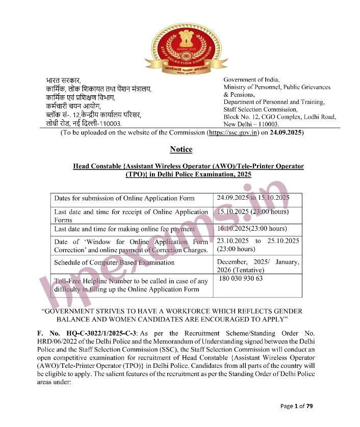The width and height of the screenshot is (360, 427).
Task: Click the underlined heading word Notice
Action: pos(181,149)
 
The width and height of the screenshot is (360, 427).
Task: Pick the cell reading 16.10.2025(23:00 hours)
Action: pos(251,229)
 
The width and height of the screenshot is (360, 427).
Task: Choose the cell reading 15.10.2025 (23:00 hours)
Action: pos(252,211)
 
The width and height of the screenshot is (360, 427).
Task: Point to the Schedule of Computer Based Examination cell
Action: pos(114,262)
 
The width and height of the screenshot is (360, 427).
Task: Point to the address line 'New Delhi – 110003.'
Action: pos(251,124)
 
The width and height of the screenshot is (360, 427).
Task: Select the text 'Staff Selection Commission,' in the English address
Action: pos(261,109)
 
